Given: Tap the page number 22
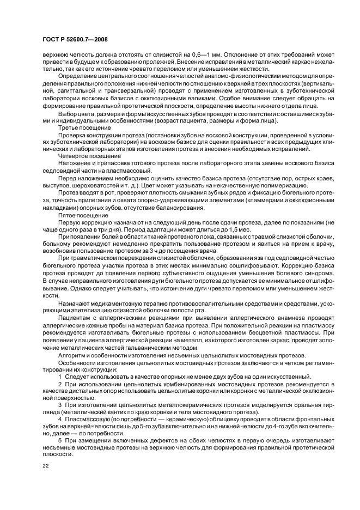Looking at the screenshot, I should (x=46, y=466).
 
